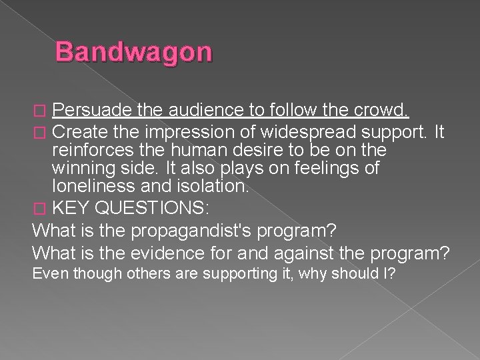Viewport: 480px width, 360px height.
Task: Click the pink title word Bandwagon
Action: click(133, 53)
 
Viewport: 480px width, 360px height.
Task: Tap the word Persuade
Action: click(91, 109)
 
